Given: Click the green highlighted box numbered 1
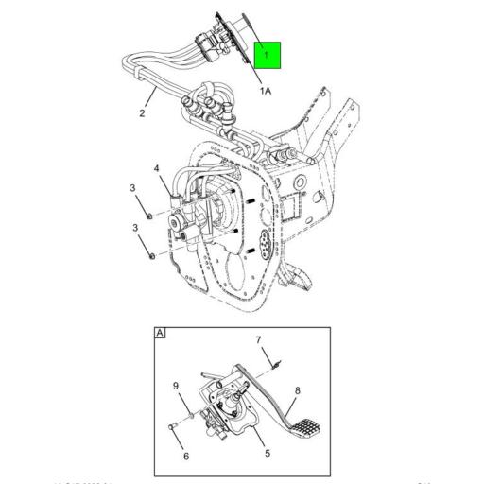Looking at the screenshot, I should tap(267, 56).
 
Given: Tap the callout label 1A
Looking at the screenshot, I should tap(266, 90).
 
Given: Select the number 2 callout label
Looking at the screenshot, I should tap(141, 113).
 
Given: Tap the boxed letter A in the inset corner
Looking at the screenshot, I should tap(160, 335).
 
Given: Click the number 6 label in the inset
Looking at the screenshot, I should tap(185, 457).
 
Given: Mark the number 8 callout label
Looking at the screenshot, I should tap(297, 389).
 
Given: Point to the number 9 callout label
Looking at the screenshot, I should tap(174, 385).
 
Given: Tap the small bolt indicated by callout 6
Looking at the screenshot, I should tap(174, 427).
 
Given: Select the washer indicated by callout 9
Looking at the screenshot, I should tap(193, 413).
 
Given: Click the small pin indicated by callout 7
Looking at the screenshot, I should tap(270, 362).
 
